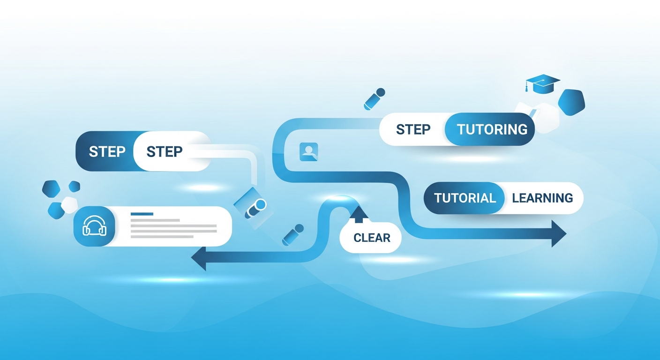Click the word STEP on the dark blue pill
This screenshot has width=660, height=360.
tap(107, 152)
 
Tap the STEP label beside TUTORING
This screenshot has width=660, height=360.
tap(413, 129)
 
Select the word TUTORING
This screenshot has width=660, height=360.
tap(492, 129)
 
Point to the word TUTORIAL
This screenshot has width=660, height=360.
tap(465, 198)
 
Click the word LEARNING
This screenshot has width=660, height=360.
tap(542, 198)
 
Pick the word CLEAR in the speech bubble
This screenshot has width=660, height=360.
tap(372, 238)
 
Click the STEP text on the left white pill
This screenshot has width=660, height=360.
tap(164, 152)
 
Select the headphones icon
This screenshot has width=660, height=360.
tap(94, 226)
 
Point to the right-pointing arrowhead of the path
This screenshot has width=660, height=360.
tap(559, 233)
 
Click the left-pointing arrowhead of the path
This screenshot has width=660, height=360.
tap(199, 260)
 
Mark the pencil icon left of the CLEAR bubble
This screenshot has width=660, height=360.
tap(293, 234)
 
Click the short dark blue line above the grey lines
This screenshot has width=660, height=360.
tap(142, 214)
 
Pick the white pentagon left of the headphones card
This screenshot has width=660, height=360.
tap(69, 205)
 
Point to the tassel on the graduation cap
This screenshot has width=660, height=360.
tap(527, 87)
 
